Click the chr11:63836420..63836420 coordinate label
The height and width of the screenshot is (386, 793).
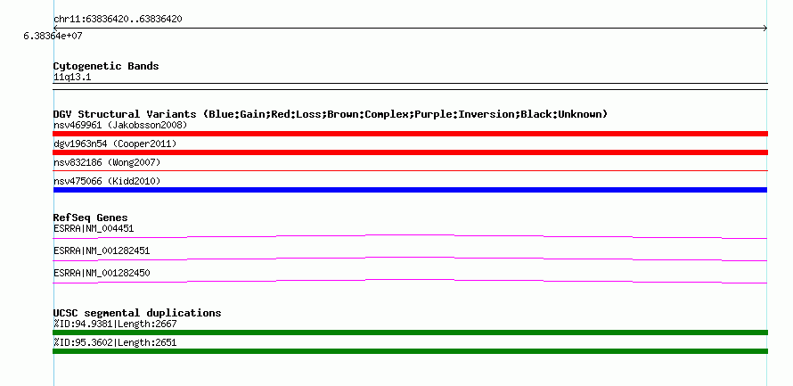point(118,20)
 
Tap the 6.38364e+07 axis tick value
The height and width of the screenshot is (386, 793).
point(53,36)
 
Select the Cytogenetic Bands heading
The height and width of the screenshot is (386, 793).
point(106,66)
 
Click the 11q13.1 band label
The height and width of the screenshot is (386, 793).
point(72,78)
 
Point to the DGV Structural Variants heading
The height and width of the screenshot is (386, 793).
point(331,114)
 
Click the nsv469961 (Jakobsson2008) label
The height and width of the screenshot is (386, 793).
point(120,125)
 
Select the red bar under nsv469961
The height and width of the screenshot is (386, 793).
point(410,134)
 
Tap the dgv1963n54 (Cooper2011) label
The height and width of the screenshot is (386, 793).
point(115,144)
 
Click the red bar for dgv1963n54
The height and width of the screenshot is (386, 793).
point(410,152)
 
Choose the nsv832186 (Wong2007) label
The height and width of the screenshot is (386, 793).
point(107,162)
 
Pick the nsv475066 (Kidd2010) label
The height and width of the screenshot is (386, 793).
point(107,181)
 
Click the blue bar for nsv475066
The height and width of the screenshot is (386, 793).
point(410,190)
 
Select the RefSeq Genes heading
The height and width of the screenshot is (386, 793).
point(91,218)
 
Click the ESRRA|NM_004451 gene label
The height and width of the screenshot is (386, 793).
point(94,229)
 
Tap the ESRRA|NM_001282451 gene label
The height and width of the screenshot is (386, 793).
point(102,250)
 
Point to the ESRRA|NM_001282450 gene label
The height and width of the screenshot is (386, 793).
point(102,273)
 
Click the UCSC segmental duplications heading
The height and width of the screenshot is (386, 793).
point(137,313)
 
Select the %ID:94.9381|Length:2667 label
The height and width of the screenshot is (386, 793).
point(115,324)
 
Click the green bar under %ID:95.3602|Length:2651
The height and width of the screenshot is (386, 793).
point(410,351)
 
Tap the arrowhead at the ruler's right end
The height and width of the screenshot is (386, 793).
point(765,29)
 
